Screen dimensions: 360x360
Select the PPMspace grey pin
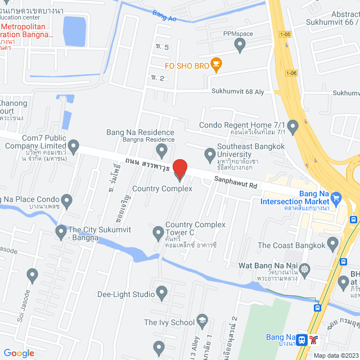(x=241, y=47)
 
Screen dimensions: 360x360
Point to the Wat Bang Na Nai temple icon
(x=305, y=269)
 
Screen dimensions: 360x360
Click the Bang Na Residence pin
(x=162, y=150)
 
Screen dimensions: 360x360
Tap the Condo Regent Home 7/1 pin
(x=292, y=125)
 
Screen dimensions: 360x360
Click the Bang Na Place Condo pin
(x=66, y=200)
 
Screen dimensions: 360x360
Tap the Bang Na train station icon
(x=303, y=339)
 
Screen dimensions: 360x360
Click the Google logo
(x=19, y=353)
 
